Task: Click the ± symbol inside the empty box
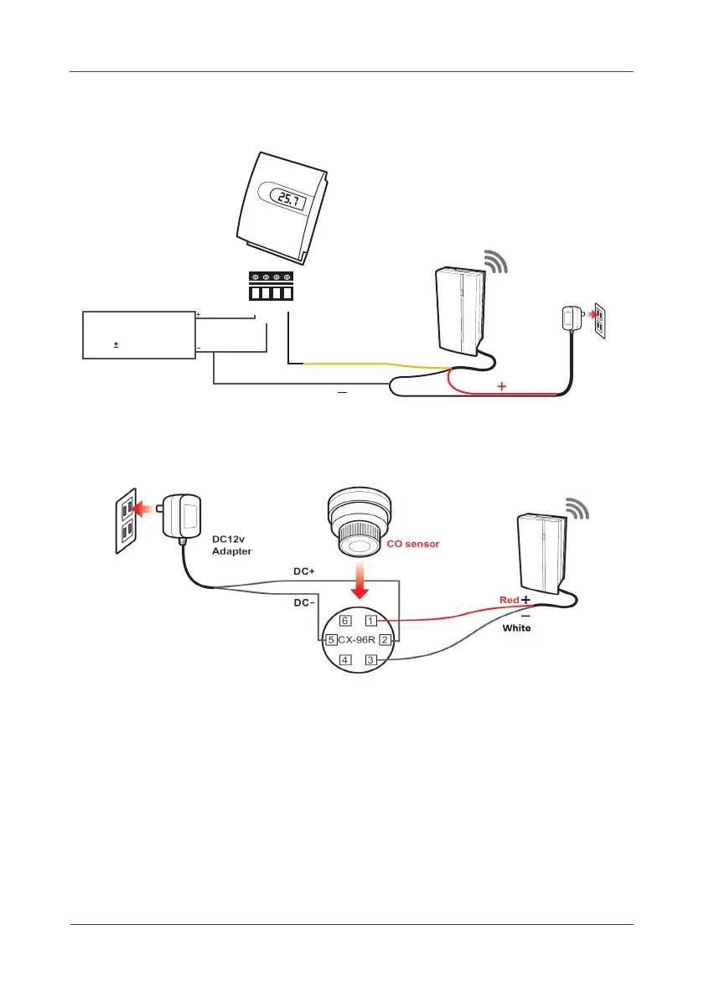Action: (x=116, y=344)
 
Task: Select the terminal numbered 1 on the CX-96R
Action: (x=370, y=621)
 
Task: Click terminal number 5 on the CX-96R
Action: (x=332, y=640)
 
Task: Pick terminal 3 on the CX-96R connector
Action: (x=370, y=660)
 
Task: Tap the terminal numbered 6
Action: (x=344, y=621)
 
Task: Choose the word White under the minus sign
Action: (x=516, y=628)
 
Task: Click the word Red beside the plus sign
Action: (x=508, y=601)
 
